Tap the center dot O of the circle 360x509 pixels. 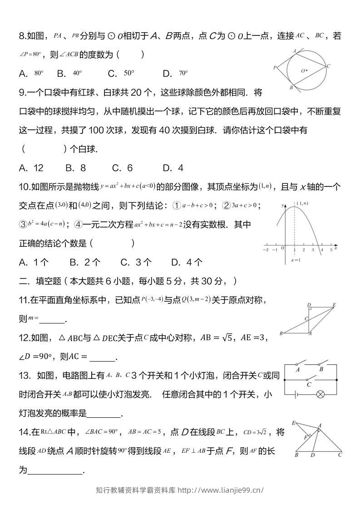tap(307, 70)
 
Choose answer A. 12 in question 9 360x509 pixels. tap(31, 168)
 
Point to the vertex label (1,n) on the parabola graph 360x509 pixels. tap(303, 203)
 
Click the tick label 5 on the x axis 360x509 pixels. tap(331, 250)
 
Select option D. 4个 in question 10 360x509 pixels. tap(187, 262)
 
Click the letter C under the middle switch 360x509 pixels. tap(309, 385)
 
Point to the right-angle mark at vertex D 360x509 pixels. tap(309, 310)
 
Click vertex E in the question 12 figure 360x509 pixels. tap(334, 305)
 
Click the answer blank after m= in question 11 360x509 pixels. tap(52, 319)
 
